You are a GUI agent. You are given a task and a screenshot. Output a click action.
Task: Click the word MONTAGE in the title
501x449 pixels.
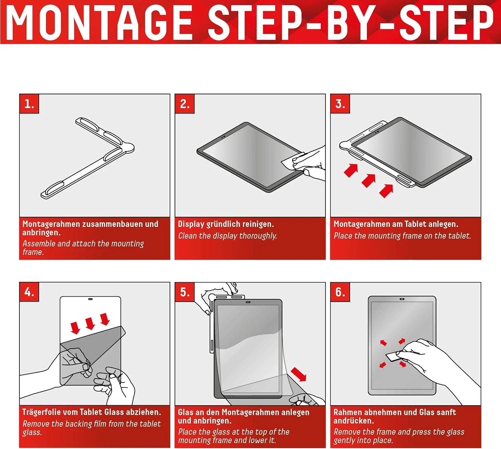(x=99, y=22)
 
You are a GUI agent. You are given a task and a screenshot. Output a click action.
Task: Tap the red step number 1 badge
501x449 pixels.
(x=29, y=104)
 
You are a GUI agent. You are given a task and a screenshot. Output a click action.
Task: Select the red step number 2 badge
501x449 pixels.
(x=184, y=104)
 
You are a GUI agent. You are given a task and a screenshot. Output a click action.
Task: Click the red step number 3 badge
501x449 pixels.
(x=340, y=104)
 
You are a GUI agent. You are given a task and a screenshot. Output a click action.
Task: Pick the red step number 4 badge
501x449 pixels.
(x=29, y=292)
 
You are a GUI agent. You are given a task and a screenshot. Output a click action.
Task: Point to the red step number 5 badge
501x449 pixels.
(x=184, y=292)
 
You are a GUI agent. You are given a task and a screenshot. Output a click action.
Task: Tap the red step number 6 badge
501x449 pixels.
(x=340, y=292)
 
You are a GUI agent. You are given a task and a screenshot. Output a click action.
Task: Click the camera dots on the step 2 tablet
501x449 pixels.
(x=223, y=136)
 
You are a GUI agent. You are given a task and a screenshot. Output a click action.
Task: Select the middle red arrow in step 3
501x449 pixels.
(x=369, y=180)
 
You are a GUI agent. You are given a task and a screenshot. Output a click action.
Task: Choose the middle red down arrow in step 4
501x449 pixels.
(x=90, y=323)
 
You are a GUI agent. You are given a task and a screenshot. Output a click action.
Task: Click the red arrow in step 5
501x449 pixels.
(x=299, y=374)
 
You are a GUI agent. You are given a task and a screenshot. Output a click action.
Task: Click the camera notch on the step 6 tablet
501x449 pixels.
(x=402, y=299)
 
